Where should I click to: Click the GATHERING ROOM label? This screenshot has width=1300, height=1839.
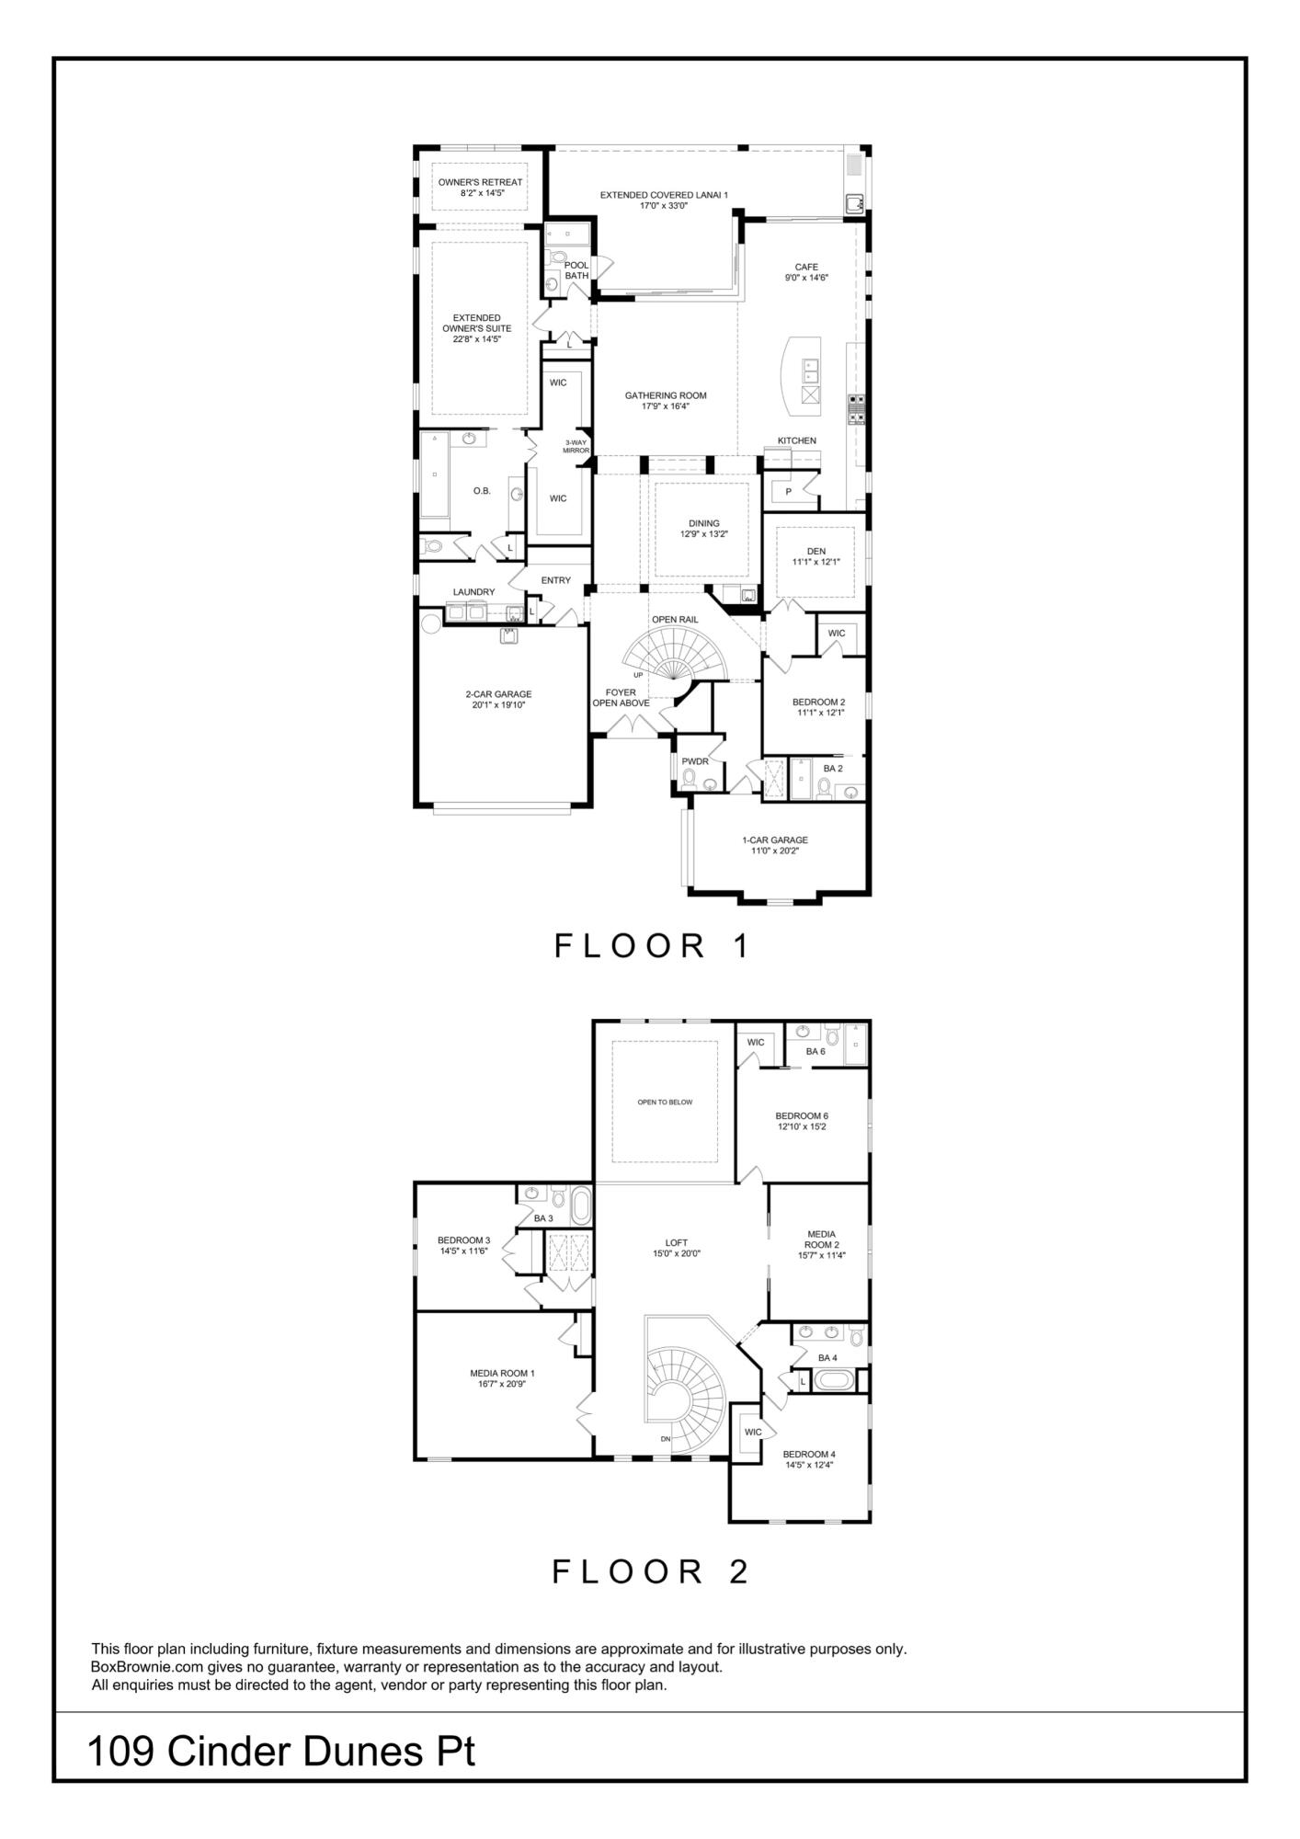click(x=666, y=395)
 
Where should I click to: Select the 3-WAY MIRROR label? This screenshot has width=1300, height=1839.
click(x=576, y=446)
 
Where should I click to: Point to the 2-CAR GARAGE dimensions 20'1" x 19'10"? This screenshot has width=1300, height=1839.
click(x=498, y=705)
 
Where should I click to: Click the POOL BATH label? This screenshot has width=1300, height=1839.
click(x=576, y=270)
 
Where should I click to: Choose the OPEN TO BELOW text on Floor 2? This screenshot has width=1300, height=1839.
click(x=665, y=1102)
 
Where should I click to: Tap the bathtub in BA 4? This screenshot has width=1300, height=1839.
click(x=836, y=1380)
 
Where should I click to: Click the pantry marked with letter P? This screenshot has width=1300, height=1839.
click(x=788, y=492)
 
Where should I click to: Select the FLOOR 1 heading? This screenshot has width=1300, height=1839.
click(x=652, y=946)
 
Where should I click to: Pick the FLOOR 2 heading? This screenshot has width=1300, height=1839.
click(x=650, y=1571)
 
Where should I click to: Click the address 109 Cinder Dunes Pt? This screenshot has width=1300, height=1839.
click(x=280, y=1752)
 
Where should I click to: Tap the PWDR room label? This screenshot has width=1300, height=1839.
click(x=695, y=760)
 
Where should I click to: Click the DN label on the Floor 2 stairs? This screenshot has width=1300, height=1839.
click(x=665, y=1439)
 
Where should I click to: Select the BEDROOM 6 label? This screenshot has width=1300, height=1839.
click(x=802, y=1115)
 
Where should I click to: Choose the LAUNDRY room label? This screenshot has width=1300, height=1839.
click(x=473, y=591)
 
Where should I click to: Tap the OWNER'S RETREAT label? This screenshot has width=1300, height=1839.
click(x=480, y=182)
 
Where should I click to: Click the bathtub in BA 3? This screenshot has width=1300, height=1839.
click(x=582, y=1205)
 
